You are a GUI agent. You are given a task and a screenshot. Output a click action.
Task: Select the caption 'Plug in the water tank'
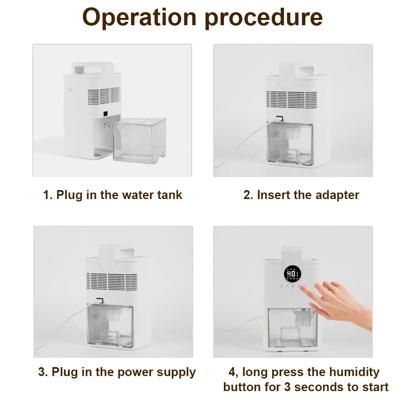point(112,195)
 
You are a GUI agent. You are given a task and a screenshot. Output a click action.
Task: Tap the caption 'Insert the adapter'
point(301,195)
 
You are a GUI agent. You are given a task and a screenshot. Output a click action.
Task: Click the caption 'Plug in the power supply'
point(117,372)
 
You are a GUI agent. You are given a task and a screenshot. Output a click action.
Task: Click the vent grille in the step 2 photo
point(291,99)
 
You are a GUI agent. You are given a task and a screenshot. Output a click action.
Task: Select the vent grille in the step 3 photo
point(112,281)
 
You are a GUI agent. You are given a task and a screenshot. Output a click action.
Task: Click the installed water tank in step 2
point(290,144)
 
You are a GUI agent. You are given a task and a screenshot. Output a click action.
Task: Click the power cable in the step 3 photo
point(61,330)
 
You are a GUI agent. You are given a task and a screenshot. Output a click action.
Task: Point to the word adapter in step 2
point(336,195)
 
